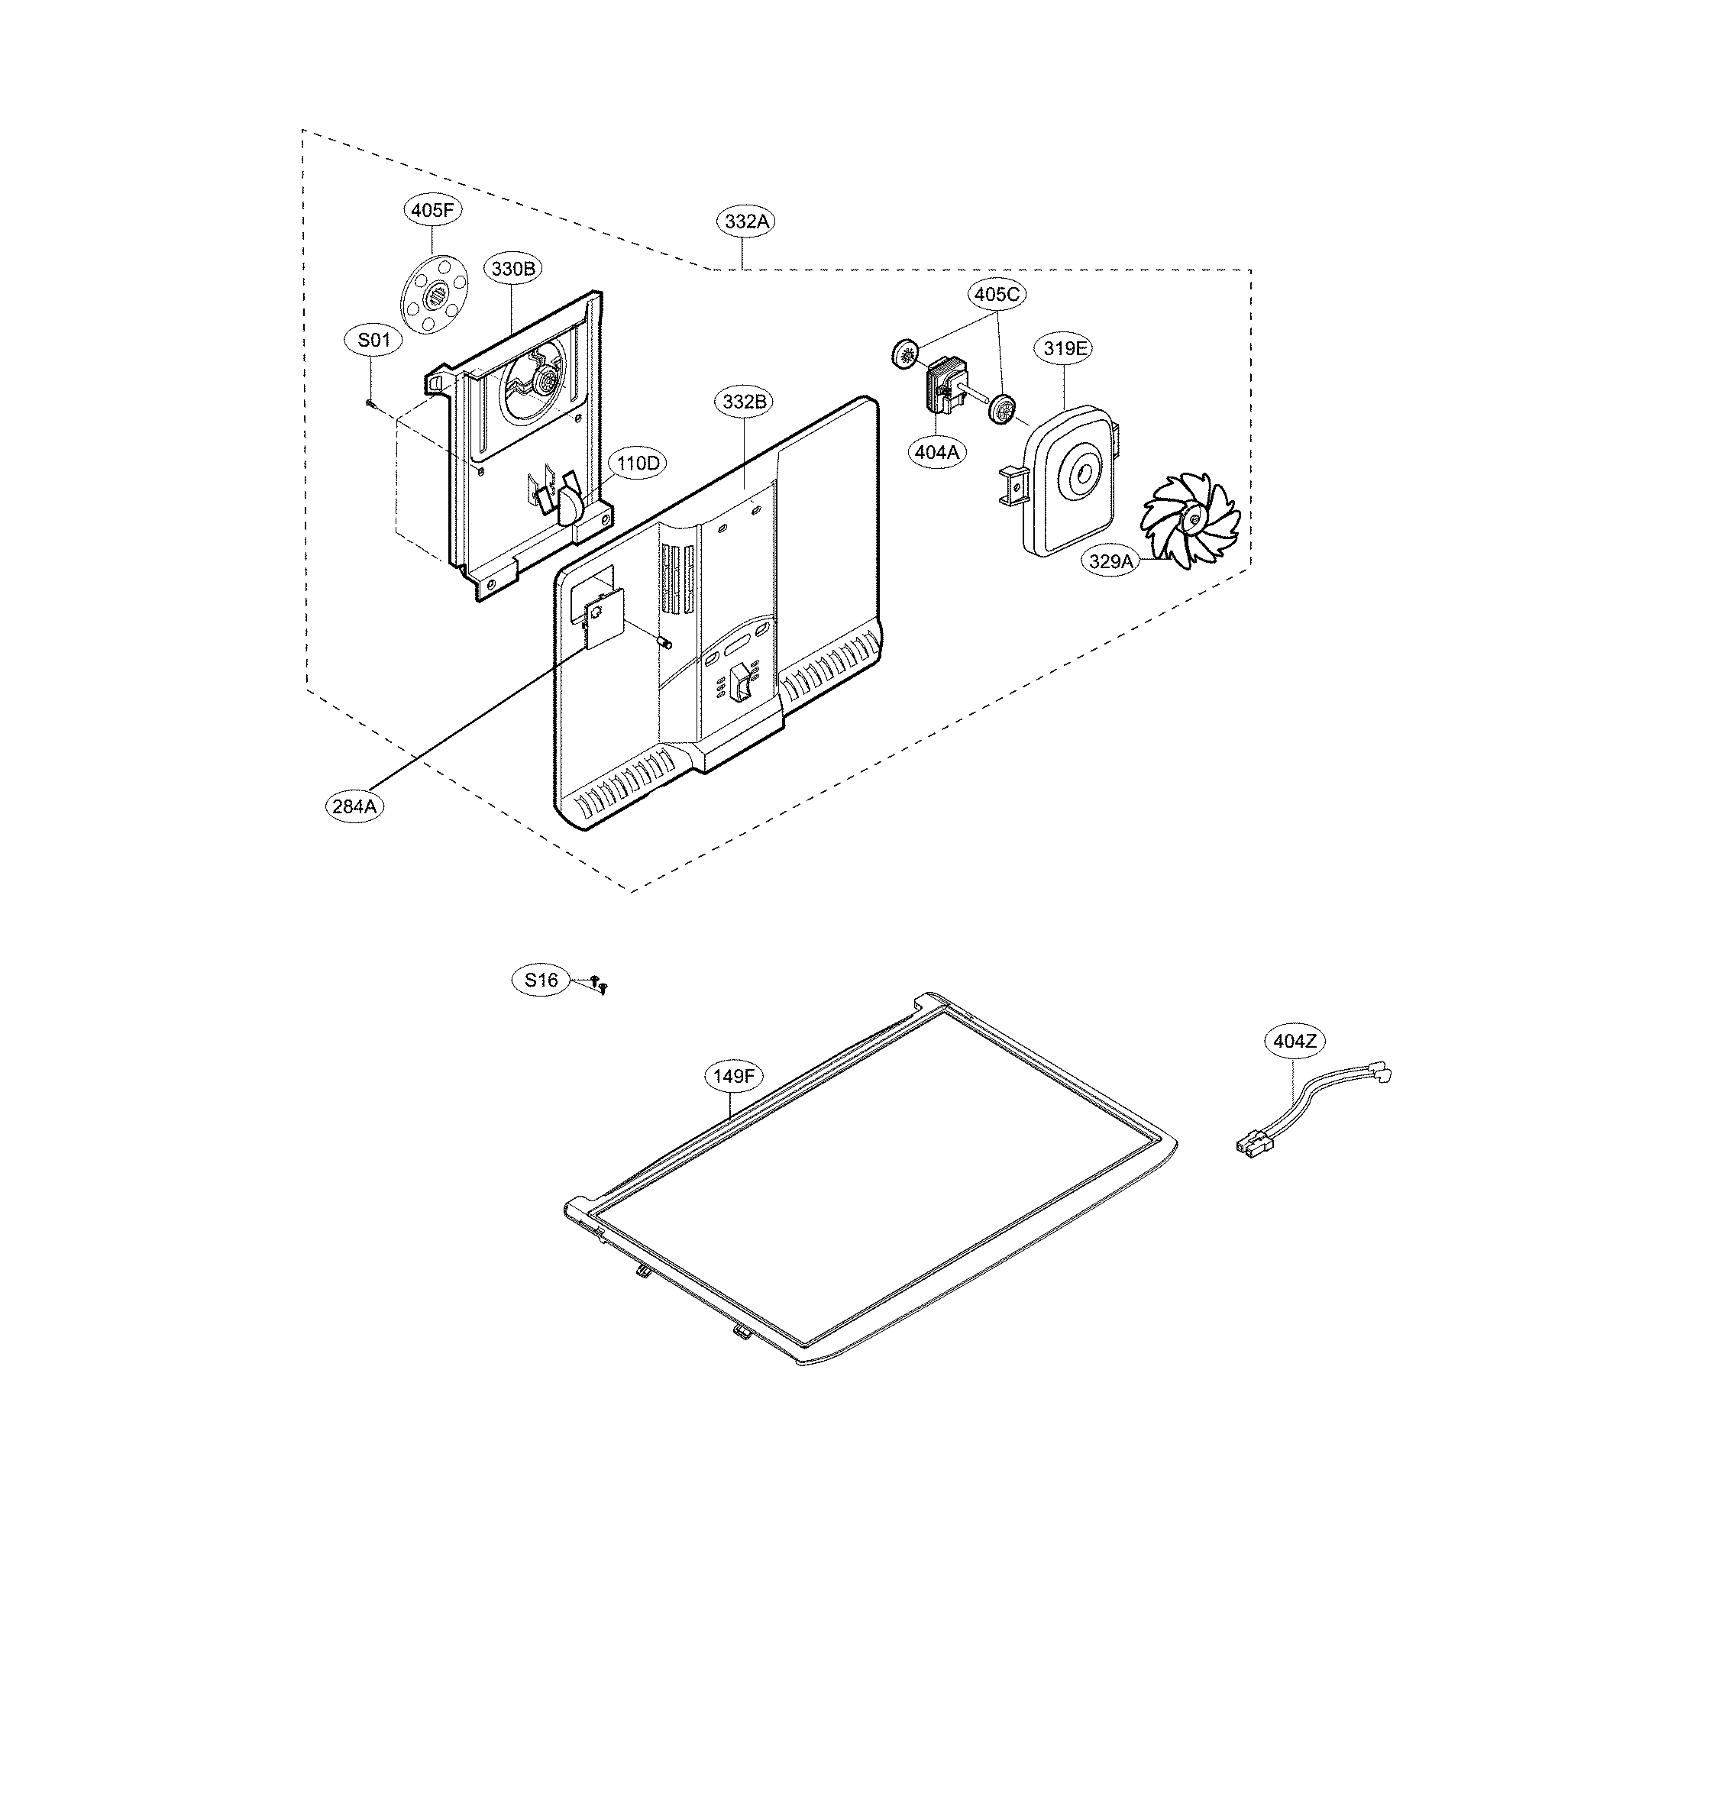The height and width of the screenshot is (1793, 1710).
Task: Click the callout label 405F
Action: (432, 211)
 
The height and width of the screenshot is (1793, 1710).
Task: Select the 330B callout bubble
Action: (513, 268)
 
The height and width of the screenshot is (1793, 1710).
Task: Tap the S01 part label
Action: (373, 340)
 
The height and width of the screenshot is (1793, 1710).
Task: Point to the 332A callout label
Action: (748, 221)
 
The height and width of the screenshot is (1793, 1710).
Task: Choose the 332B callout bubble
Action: (745, 401)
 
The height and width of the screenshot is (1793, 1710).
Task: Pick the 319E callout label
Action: (1065, 347)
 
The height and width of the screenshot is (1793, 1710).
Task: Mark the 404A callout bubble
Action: (939, 451)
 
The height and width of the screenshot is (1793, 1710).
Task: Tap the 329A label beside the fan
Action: (1111, 561)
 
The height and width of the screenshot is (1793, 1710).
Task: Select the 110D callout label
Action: (637, 463)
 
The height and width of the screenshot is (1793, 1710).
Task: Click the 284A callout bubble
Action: (354, 806)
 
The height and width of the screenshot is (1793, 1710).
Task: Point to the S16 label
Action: (541, 980)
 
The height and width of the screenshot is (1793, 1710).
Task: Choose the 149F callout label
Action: (734, 1076)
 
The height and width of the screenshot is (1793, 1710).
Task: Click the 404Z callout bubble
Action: (1295, 1040)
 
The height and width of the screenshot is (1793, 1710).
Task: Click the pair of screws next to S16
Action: (598, 984)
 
